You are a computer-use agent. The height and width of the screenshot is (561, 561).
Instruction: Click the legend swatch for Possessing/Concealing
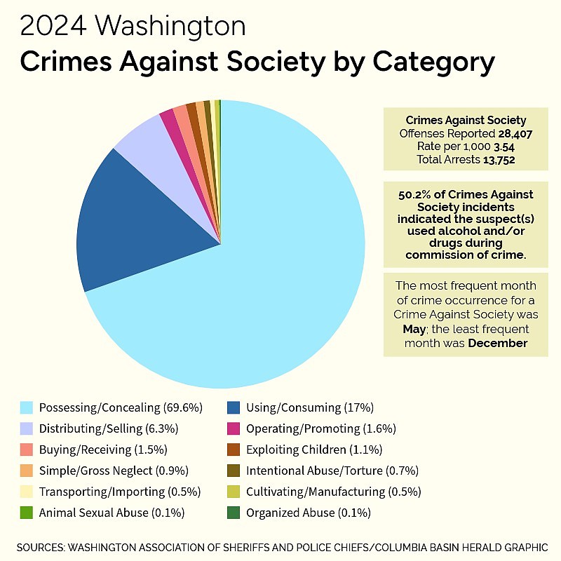pyautogui.click(x=27, y=407)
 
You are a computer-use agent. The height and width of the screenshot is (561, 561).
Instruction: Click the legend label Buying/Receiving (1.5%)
pyautogui.click(x=103, y=450)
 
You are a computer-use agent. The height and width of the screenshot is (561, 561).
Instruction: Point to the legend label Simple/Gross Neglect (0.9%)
pyautogui.click(x=114, y=471)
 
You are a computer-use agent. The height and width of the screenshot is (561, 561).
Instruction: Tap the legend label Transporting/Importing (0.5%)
pyautogui.click(x=120, y=492)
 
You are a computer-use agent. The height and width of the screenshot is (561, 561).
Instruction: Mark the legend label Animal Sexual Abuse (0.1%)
pyautogui.click(x=112, y=513)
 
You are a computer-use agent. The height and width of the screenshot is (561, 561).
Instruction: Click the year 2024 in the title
pyautogui.click(x=53, y=27)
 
